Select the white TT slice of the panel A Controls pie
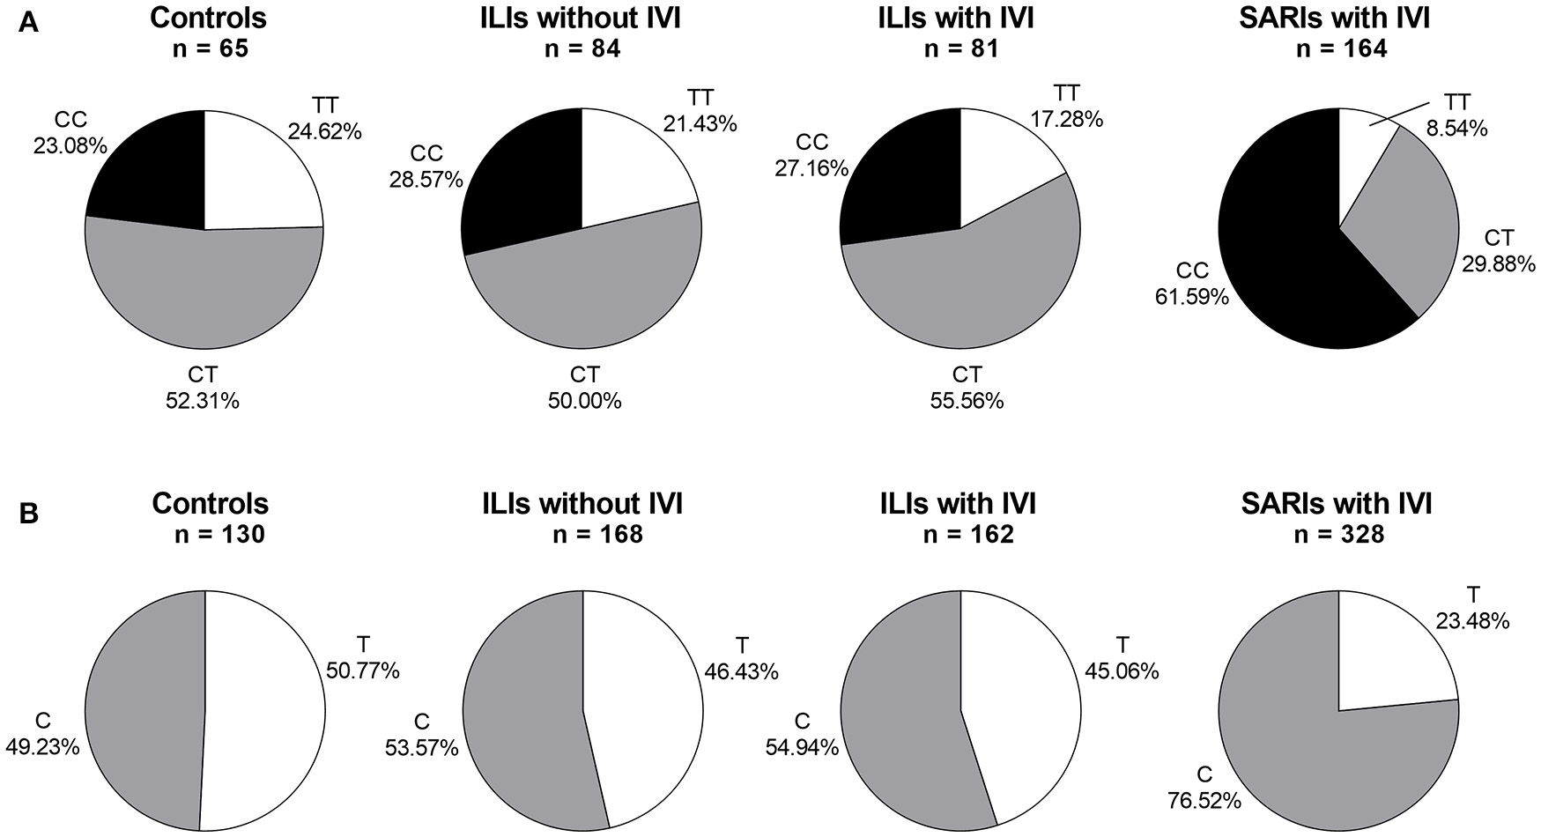pos(260,176)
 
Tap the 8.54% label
pos(1456,129)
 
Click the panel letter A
pos(28,24)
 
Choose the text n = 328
pos(1339,534)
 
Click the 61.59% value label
pos(1191,297)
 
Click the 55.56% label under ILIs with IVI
pos(967,401)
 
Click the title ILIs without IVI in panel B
pos(582,504)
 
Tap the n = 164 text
pos(1339,48)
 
